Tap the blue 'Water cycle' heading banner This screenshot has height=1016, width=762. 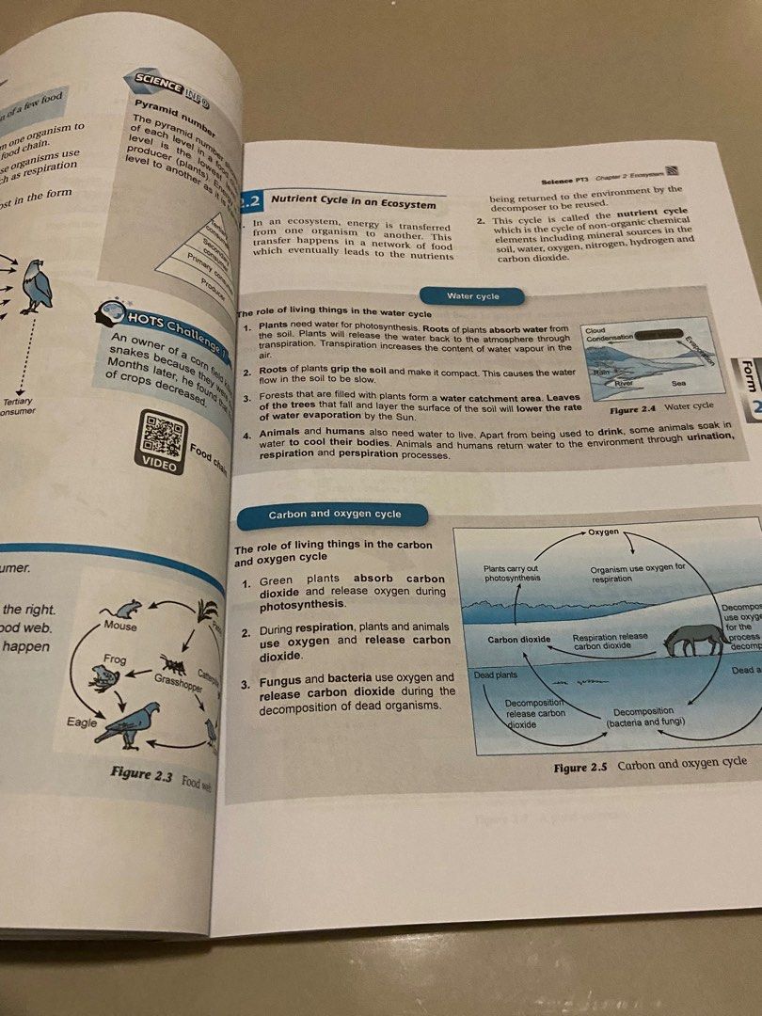tap(472, 296)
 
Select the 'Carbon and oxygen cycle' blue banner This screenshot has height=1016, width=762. tap(334, 515)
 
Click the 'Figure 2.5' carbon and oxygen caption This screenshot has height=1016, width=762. tap(650, 766)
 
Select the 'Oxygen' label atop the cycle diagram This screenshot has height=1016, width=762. tap(603, 532)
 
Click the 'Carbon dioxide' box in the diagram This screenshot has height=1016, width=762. tap(519, 640)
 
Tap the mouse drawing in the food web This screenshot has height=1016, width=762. tap(126, 609)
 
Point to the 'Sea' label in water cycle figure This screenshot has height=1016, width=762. tap(678, 384)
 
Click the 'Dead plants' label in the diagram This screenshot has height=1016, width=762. tap(496, 676)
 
